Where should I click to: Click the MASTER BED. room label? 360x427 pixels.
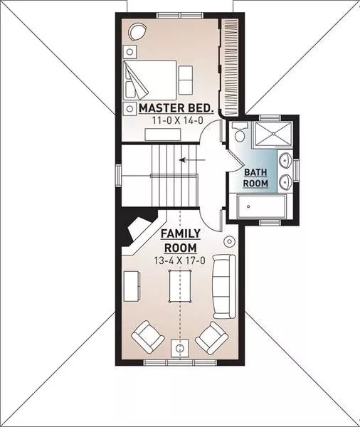point(176,108)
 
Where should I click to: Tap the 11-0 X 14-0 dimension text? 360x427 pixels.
point(178,120)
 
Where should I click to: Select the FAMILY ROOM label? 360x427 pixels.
point(181,241)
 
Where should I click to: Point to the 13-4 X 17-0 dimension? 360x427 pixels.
point(179,260)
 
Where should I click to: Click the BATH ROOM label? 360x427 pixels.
point(255,178)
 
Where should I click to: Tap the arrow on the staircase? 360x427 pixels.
point(192,160)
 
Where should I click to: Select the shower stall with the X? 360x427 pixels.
point(272,135)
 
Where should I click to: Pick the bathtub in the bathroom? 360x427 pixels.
point(262,206)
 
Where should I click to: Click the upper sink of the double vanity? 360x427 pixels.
point(285,160)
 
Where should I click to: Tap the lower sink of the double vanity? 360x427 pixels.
point(285,181)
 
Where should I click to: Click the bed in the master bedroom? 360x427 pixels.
point(150,80)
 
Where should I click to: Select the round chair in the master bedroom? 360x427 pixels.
point(138,32)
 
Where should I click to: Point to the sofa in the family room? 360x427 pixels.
point(224,287)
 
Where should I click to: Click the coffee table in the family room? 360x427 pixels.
point(180,286)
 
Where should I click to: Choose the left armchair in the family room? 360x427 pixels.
point(147,337)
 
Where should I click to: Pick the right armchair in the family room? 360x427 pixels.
point(212,337)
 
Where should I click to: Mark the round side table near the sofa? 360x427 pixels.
point(229,241)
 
